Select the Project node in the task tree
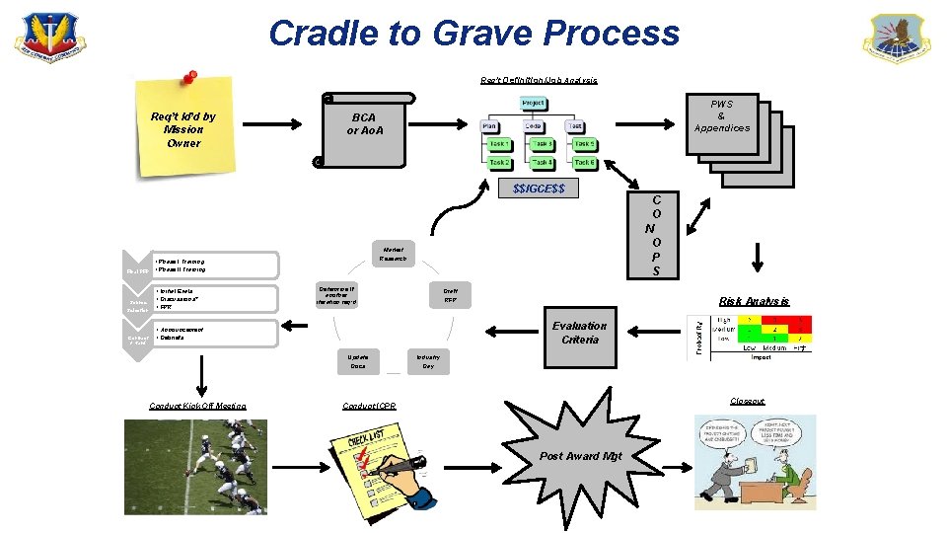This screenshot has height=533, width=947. point(533,104)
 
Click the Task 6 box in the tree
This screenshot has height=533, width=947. point(584,162)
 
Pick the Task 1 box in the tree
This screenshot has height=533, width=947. point(499,144)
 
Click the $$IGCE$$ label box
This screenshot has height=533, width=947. point(539,189)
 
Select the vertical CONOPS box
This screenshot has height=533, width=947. point(651,235)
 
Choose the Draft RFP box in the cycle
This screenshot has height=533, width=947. point(449,295)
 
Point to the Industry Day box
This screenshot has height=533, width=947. point(427,360)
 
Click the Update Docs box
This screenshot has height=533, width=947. point(357,360)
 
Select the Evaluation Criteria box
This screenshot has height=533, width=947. point(579,333)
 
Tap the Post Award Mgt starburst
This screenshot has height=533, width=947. point(581,455)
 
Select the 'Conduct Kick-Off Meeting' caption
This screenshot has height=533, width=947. point(197,406)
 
